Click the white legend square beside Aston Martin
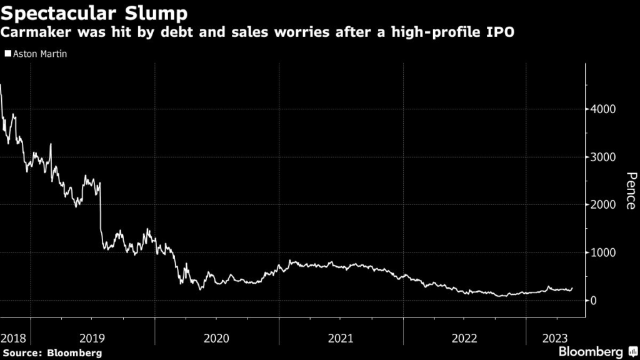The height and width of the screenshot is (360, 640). (7, 54)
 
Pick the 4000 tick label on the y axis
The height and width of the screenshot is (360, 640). (604, 109)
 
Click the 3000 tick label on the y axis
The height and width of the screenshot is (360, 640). (604, 157)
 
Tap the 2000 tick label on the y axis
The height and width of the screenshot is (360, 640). (604, 205)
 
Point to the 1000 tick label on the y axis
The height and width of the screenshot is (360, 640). (604, 252)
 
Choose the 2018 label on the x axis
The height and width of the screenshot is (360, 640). (14, 337)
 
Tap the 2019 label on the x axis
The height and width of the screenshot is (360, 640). (92, 337)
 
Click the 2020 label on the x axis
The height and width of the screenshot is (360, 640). (217, 337)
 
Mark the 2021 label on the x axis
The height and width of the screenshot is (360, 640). (341, 337)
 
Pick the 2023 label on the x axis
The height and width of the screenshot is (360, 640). (554, 337)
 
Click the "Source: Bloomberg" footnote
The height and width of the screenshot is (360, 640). (51, 353)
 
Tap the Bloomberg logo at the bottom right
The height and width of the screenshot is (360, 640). (598, 351)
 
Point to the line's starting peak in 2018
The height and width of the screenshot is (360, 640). (1, 85)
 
